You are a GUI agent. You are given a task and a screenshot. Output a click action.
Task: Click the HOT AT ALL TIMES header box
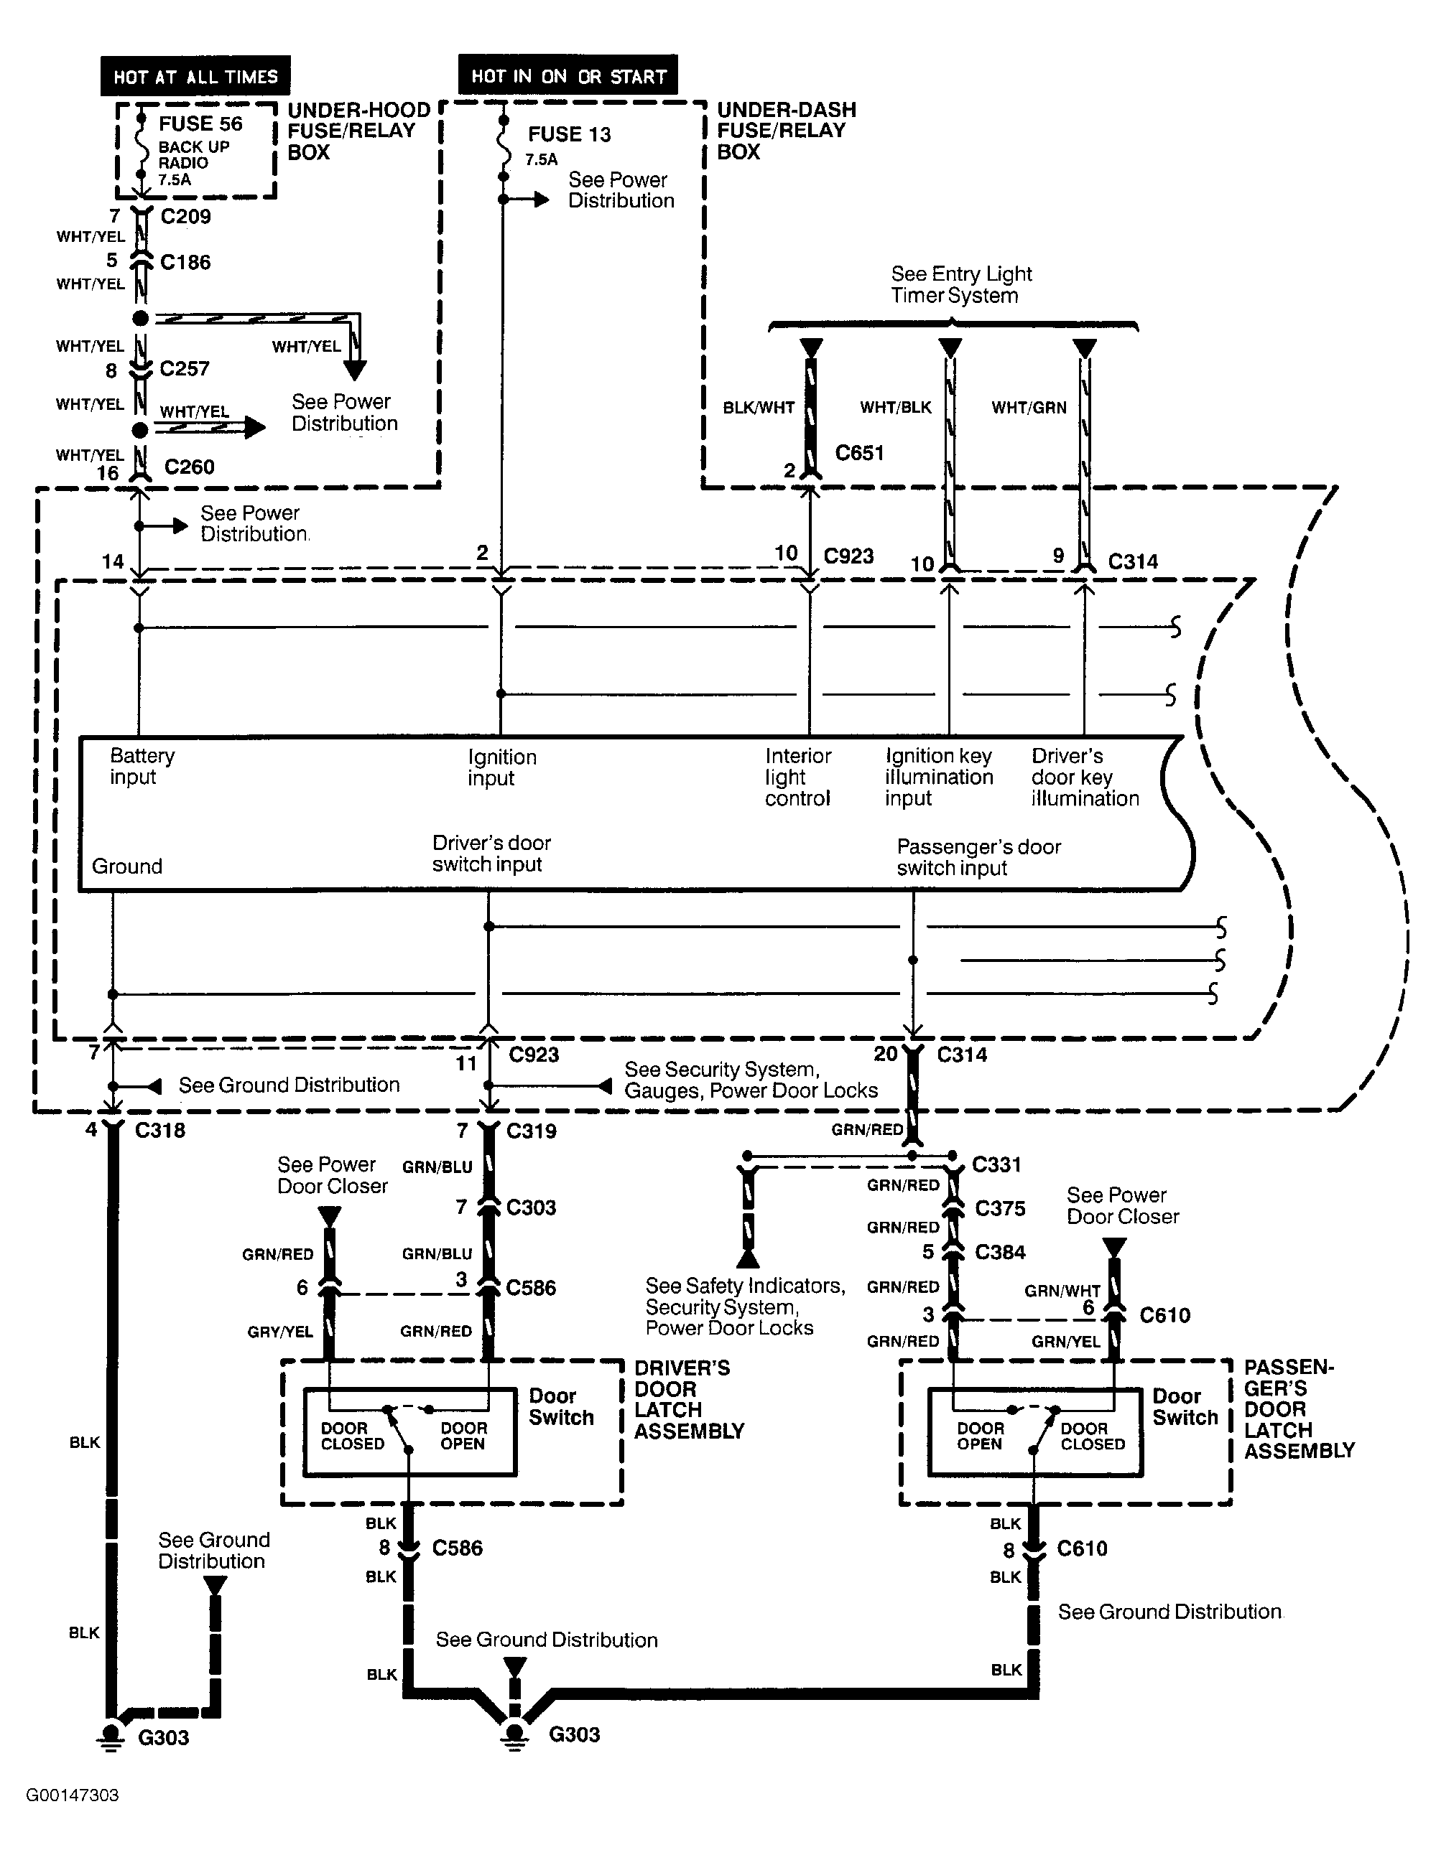coord(195,76)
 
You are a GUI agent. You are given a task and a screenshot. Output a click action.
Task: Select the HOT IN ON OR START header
coord(568,75)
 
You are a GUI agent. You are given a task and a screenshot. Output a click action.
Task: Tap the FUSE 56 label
coord(200,124)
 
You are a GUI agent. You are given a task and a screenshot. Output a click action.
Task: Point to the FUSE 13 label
coord(568,134)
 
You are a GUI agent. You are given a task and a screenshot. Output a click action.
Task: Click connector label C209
coord(185,217)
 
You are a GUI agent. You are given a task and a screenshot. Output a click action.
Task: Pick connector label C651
coord(859,453)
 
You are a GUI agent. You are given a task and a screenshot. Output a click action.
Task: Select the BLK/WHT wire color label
coord(758,408)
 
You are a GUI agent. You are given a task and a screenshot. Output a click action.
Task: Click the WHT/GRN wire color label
coord(1028,408)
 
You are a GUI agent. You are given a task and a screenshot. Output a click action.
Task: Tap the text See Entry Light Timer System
coord(960,284)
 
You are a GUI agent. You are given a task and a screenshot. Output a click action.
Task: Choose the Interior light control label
coord(797,777)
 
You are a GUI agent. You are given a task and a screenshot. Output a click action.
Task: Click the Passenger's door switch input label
coord(978,857)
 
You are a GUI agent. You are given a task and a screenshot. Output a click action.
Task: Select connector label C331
coord(996,1164)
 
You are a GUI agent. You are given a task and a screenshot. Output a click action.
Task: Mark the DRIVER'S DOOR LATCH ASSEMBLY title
coord(688,1400)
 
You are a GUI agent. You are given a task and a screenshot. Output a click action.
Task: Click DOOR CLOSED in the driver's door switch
coord(352,1436)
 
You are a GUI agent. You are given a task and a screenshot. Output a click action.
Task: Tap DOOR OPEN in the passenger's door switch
coord(980,1436)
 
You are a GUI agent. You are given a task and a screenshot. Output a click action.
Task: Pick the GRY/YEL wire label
coord(280,1332)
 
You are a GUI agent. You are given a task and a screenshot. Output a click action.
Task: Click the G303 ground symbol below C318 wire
coord(110,1735)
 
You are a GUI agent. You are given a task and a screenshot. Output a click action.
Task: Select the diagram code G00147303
coord(73,1795)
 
